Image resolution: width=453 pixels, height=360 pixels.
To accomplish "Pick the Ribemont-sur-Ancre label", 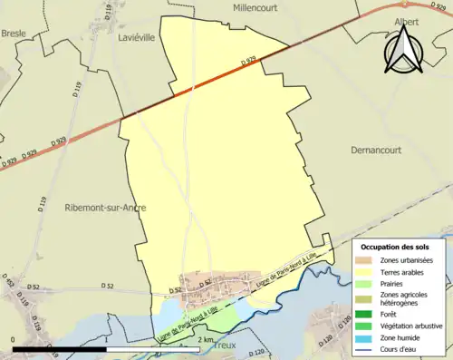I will (x=106, y=208).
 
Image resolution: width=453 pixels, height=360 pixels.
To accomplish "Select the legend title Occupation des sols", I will (x=396, y=247).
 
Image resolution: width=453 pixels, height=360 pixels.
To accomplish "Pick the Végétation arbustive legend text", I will (x=417, y=326).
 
